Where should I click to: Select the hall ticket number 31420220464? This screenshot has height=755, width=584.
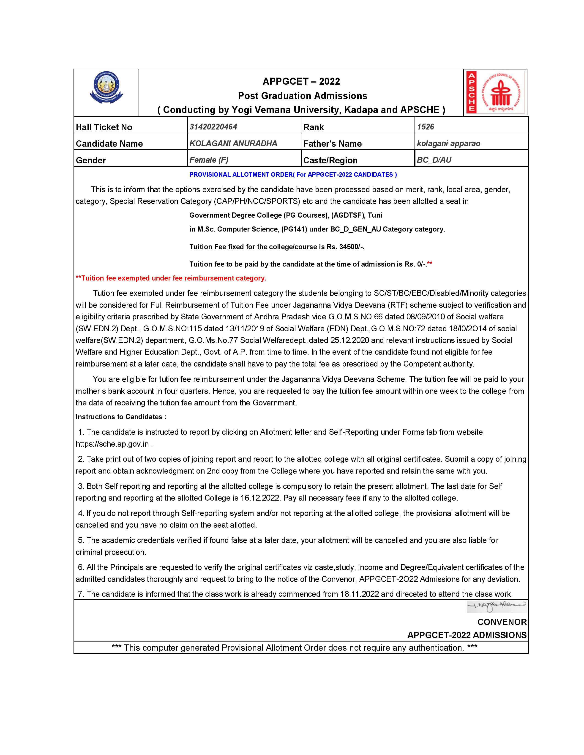213,127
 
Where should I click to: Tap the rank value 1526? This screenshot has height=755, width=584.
426,127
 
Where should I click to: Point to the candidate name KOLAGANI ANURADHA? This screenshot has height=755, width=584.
233,143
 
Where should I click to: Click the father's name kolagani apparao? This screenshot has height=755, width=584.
448,143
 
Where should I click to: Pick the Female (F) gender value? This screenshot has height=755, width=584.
209,160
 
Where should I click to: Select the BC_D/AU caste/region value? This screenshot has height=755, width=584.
434,160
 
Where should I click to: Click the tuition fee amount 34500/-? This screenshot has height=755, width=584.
352,247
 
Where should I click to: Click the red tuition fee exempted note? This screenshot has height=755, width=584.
171,278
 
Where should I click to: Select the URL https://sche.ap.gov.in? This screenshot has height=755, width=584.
112,444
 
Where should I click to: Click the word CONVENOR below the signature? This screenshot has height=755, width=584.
502,622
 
